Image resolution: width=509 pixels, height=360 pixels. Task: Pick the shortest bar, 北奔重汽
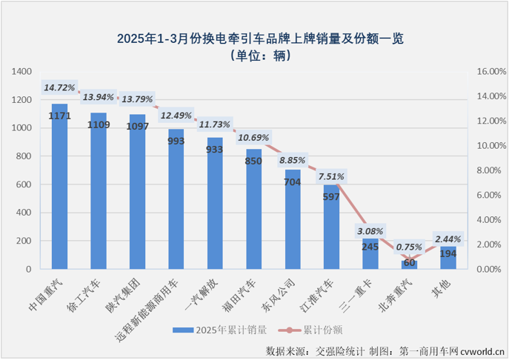409,264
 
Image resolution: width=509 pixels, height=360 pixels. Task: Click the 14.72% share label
59,87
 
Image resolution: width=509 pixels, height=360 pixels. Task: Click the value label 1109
98,124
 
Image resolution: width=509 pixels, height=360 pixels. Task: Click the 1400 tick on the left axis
23,72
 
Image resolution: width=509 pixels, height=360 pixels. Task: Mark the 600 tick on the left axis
26,184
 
